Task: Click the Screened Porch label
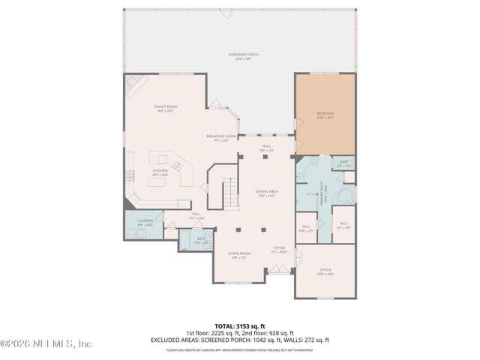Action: click(240, 56)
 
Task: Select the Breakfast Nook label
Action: click(221, 138)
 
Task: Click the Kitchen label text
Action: click(160, 172)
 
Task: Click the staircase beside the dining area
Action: click(229, 193)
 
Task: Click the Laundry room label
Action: click(145, 222)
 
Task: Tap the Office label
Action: click(325, 271)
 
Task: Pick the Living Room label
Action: click(240, 254)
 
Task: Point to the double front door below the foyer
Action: click(278, 275)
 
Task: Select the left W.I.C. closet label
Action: click(306, 228)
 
